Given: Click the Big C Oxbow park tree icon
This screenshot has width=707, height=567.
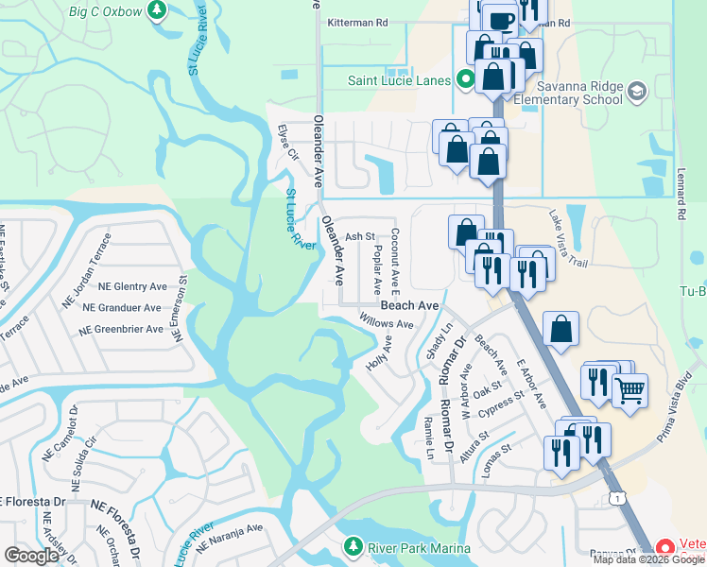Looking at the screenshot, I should [x=158, y=12].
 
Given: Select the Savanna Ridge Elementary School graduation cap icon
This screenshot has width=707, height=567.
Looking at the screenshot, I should [x=637, y=91].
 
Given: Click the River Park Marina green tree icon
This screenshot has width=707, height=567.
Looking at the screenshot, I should [x=353, y=547].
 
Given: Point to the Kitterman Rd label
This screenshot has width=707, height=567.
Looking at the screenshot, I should [x=357, y=22].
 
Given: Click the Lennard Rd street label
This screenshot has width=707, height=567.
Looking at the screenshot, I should [x=680, y=198].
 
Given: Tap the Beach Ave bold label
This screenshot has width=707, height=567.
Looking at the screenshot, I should [x=409, y=306].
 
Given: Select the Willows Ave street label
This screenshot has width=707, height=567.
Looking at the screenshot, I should [x=387, y=323].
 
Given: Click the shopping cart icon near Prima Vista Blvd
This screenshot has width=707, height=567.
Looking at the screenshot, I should [x=629, y=389].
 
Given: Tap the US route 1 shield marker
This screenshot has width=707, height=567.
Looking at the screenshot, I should [x=616, y=497].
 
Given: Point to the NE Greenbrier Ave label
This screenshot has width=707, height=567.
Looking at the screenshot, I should [x=121, y=330].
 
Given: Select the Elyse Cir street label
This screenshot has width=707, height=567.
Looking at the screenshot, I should [x=287, y=142].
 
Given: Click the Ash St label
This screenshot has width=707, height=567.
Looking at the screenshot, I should [x=360, y=237].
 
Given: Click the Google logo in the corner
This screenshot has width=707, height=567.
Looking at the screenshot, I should [x=31, y=556].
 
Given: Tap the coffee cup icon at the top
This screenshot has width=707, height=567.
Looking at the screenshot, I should [x=501, y=18].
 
